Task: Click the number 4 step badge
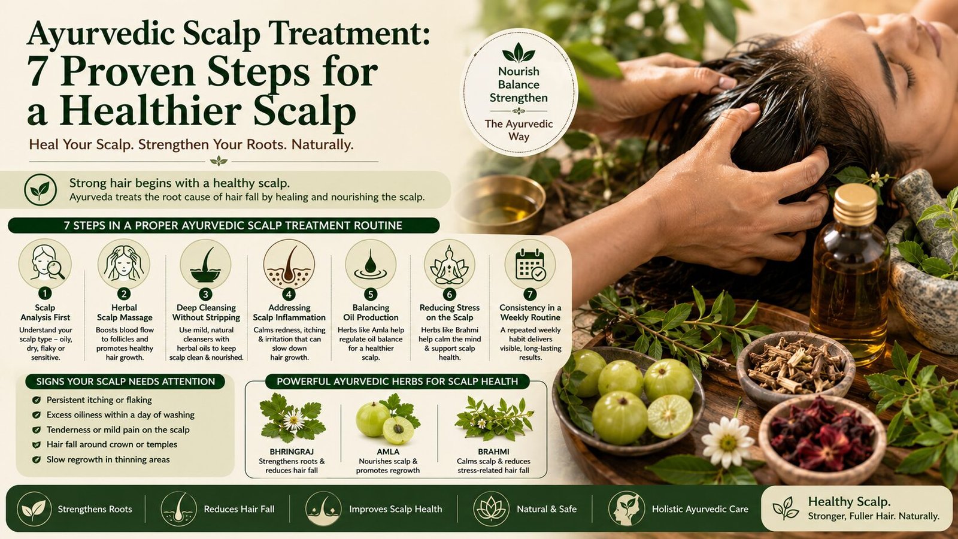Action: point(289,294)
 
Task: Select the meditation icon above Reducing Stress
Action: point(449,265)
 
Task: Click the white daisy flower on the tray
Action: point(728,442)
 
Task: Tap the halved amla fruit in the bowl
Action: point(670,416)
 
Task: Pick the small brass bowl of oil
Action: point(499,204)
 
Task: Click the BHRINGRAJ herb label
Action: point(292,452)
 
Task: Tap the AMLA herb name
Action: point(388,452)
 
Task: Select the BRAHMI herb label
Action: point(493,452)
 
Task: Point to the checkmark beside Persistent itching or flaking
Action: point(37,401)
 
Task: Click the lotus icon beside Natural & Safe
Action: point(492,508)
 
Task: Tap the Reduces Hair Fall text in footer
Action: point(239,509)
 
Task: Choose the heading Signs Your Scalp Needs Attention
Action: point(125,381)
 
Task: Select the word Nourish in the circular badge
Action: point(519,71)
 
